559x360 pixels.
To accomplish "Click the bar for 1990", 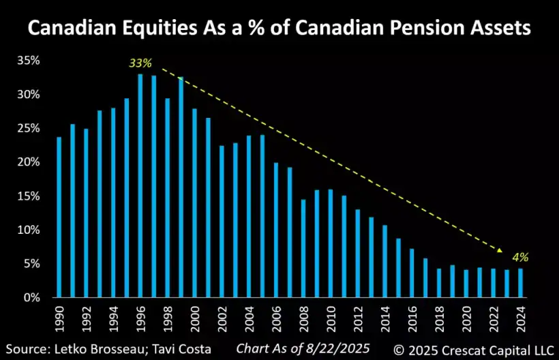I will point(59,217).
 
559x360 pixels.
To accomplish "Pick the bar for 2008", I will point(303,248).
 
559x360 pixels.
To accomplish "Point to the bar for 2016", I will point(412,273).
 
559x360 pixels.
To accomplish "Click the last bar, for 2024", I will point(520,283).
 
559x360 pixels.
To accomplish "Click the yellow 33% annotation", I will point(140,63).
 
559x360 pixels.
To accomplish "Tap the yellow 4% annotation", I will point(520,258).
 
